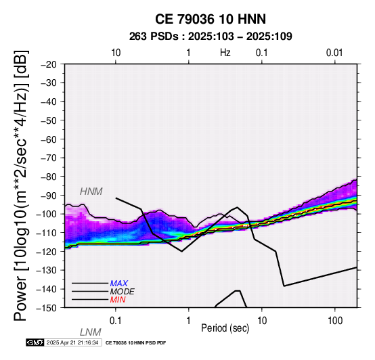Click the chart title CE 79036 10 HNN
click(x=211, y=19)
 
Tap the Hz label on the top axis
click(x=225, y=53)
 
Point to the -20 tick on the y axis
click(x=49, y=64)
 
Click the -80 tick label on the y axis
click(x=49, y=177)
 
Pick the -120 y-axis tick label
click(x=47, y=252)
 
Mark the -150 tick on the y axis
click(x=47, y=308)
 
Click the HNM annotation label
click(x=91, y=192)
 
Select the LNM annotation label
click(x=91, y=332)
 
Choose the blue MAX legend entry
click(x=119, y=284)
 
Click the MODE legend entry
click(x=123, y=292)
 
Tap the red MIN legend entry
click(x=118, y=300)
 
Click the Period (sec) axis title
click(x=225, y=328)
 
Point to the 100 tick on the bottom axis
click(x=335, y=321)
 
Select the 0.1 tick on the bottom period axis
click(x=116, y=321)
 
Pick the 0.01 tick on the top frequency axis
click(x=334, y=53)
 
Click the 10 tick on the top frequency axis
click(x=116, y=53)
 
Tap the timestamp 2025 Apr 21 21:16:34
click(x=72, y=342)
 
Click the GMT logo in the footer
click(x=35, y=342)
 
